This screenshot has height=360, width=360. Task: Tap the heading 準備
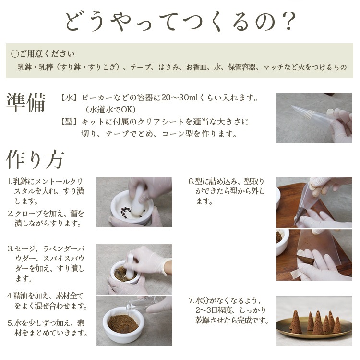(26, 102)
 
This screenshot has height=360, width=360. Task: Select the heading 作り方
(35, 160)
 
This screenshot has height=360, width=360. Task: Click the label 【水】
(68, 98)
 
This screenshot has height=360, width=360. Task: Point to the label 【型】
(68, 122)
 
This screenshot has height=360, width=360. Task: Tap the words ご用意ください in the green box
(47, 54)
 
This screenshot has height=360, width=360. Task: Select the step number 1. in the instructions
(10, 181)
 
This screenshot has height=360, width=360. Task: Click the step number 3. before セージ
(10, 249)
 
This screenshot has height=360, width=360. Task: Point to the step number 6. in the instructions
(191, 181)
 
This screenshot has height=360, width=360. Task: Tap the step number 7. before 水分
(192, 300)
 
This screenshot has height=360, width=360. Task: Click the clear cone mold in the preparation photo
(310, 114)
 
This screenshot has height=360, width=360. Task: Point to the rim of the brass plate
(314, 335)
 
